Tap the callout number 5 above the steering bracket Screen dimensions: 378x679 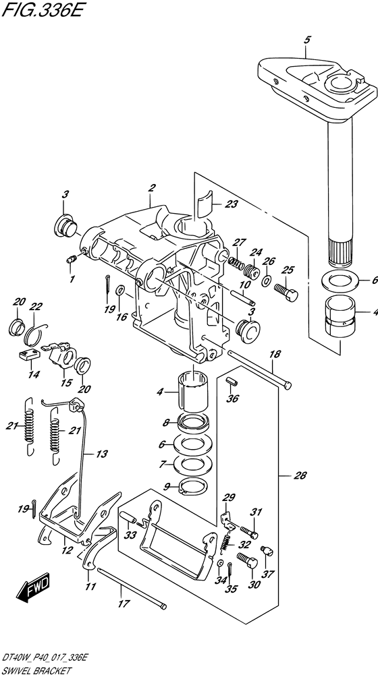(307, 40)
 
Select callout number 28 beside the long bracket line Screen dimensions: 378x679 (300, 476)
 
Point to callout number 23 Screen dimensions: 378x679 (232, 204)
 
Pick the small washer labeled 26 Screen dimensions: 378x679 (267, 280)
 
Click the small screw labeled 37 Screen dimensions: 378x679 (267, 550)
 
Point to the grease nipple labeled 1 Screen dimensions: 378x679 (72, 260)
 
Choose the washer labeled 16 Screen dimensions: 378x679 (121, 289)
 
